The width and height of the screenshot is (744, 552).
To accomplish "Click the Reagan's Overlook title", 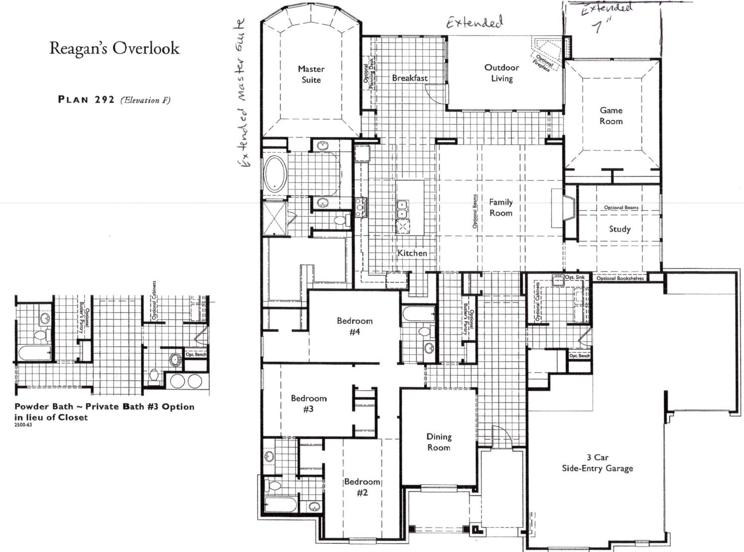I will [x=115, y=48].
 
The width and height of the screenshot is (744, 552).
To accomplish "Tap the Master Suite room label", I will [x=311, y=74].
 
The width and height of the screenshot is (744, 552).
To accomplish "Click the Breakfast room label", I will [x=409, y=78].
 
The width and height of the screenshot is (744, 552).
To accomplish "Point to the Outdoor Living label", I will [x=501, y=73].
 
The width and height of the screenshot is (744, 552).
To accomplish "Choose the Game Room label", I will [x=611, y=116].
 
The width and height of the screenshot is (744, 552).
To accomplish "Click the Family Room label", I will [x=500, y=207].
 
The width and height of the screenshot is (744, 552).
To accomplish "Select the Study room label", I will [x=620, y=229].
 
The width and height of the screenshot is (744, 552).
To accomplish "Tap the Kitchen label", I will [x=412, y=253].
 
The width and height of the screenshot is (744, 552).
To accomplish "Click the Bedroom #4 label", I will [x=355, y=326].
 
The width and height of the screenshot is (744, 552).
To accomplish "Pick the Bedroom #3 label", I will [x=309, y=404].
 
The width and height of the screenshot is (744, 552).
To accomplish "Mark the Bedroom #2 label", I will [x=362, y=487].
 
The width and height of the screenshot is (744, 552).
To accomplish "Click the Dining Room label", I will [x=438, y=442].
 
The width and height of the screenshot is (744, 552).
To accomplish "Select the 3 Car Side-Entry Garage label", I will [x=597, y=463].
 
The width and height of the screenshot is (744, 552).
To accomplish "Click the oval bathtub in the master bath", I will [x=273, y=174].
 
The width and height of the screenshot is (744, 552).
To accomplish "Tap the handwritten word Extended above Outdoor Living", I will [x=474, y=22].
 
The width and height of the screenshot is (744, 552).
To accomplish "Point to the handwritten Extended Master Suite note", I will [x=242, y=95].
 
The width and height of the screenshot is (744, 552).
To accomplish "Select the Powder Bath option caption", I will [x=104, y=412].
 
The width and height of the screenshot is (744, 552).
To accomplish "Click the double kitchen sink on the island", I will [x=402, y=209].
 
